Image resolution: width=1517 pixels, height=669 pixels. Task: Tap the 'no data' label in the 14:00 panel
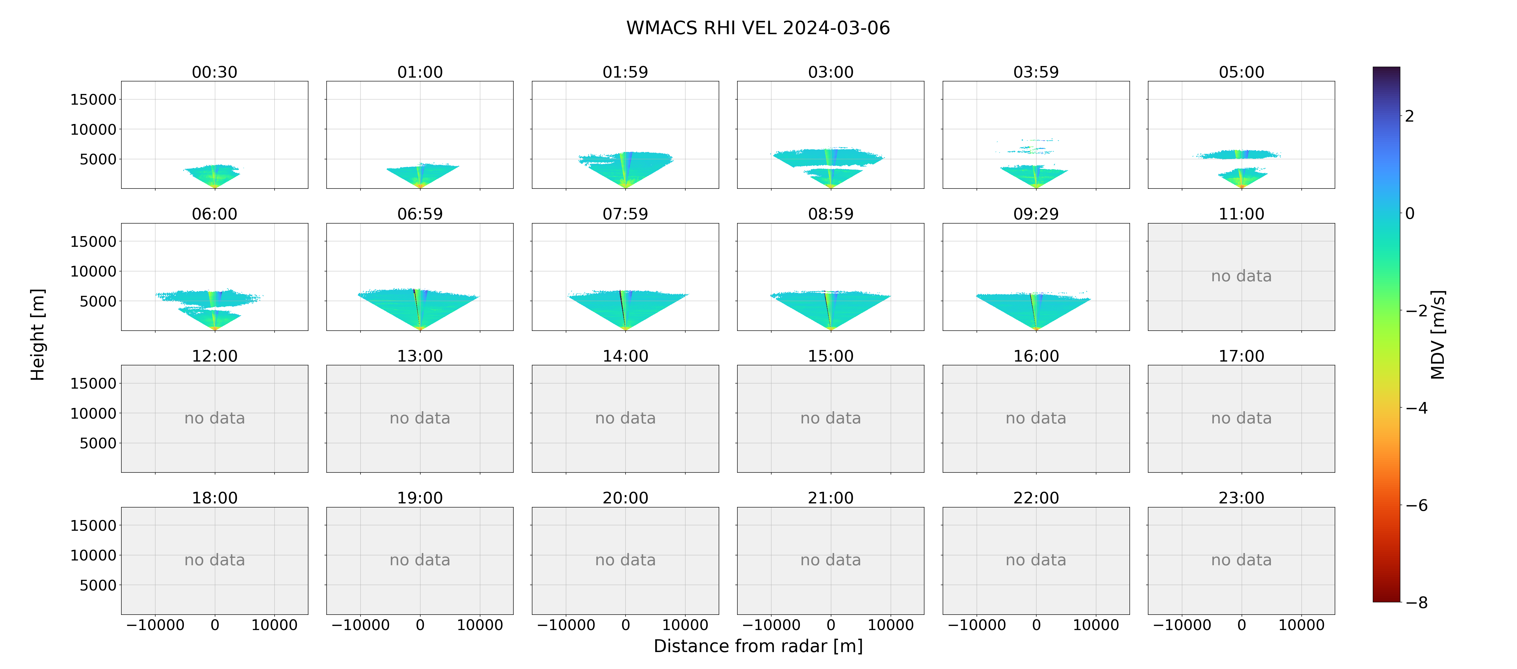click(626, 418)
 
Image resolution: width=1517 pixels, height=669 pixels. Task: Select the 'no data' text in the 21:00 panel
click(830, 560)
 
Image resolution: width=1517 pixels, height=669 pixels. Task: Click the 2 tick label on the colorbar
click(1409, 116)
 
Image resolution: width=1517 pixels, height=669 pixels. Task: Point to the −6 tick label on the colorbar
click(1416, 505)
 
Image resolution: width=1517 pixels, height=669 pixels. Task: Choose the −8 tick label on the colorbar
click(1416, 602)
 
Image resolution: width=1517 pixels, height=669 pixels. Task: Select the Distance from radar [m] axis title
click(758, 646)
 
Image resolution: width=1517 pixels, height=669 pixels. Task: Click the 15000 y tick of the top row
click(93, 100)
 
